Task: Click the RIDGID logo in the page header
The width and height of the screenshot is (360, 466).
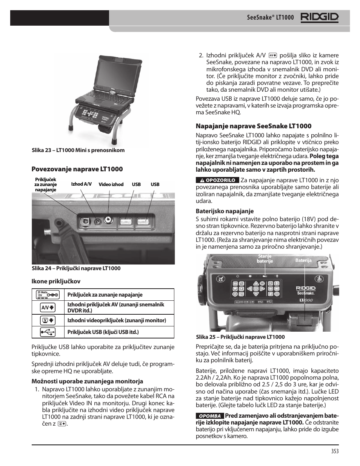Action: tap(319, 17)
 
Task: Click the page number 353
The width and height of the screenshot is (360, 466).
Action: tap(335, 451)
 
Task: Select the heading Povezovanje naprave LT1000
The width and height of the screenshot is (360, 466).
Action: tap(77, 169)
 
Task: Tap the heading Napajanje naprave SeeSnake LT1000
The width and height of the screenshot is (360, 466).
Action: tap(253, 126)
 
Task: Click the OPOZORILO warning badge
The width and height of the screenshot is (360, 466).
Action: tap(217, 180)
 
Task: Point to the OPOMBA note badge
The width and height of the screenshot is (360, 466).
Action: tap(210, 416)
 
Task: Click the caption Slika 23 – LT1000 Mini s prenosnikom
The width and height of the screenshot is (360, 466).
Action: tap(78, 150)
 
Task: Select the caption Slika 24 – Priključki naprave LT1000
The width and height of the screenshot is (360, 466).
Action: tap(76, 268)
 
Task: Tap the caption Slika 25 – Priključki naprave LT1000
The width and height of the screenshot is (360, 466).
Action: tap(240, 337)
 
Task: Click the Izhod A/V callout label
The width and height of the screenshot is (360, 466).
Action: tap(82, 184)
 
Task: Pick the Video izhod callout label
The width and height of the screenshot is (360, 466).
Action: tap(111, 185)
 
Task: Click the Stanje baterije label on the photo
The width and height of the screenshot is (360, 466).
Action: tap(265, 259)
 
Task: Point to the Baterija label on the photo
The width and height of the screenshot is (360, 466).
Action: tap(303, 260)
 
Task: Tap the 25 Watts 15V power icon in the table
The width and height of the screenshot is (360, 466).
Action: tap(48, 294)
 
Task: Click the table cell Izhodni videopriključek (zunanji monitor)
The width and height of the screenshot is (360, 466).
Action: tap(117, 320)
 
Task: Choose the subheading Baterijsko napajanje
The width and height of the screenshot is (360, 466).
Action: tap(225, 211)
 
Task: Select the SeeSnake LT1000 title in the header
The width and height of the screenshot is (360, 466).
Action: tap(270, 17)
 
